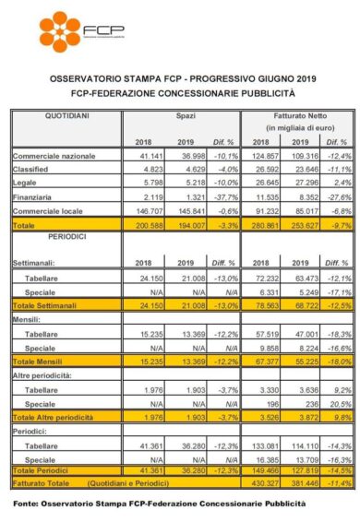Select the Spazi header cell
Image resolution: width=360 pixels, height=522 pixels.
pyautogui.click(x=187, y=116)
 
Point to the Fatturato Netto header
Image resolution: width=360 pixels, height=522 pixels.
pyautogui.click(x=294, y=116)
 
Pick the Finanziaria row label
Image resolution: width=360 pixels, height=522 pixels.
pyautogui.click(x=35, y=197)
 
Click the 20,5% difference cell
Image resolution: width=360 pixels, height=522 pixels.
pyautogui.click(x=332, y=403)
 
